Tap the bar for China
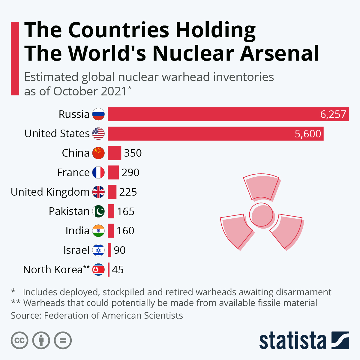click(x=114, y=153)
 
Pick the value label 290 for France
click(x=130, y=172)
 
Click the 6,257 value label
click(x=333, y=114)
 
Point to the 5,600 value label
click(x=308, y=133)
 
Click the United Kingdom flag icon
click(x=98, y=192)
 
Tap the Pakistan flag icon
click(x=98, y=211)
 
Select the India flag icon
click(x=98, y=231)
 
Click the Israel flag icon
click(x=98, y=250)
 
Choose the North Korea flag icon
click(x=98, y=270)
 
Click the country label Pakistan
click(x=69, y=211)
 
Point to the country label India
click(x=77, y=231)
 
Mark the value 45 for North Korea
click(x=118, y=270)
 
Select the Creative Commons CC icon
click(x=19, y=340)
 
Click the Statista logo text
click(x=292, y=341)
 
